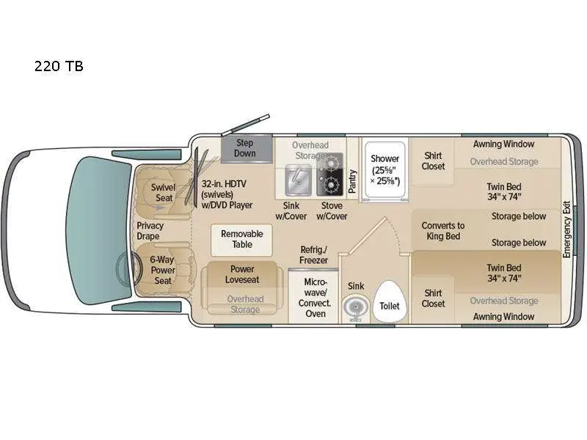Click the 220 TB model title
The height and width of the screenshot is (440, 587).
pyautogui.click(x=59, y=66)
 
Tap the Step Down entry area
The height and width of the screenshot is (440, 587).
pyautogui.click(x=247, y=149)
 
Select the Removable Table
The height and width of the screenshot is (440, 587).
pyautogui.click(x=241, y=240)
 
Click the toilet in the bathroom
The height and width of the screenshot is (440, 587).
pyautogui.click(x=390, y=301)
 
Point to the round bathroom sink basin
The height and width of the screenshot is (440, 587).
pyautogui.click(x=354, y=307)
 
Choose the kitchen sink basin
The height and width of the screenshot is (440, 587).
pyautogui.click(x=299, y=180)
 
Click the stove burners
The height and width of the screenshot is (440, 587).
pyautogui.click(x=329, y=175)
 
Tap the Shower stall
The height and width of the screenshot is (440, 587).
pyautogui.click(x=384, y=169)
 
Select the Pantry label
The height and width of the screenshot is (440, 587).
pyautogui.click(x=352, y=181)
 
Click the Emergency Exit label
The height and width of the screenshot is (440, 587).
pyautogui.click(x=566, y=230)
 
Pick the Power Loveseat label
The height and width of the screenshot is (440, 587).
pyautogui.click(x=242, y=274)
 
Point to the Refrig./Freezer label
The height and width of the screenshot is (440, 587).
pyautogui.click(x=314, y=254)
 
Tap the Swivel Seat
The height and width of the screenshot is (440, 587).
pyautogui.click(x=163, y=193)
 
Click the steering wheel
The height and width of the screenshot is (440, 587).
pyautogui.click(x=129, y=268)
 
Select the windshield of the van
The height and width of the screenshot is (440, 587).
pyautogui.click(x=99, y=230)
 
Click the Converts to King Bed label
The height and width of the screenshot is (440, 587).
pyautogui.click(x=443, y=231)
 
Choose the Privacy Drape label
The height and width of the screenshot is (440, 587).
pyautogui.click(x=150, y=231)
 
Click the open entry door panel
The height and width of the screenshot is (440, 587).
pyautogui.click(x=245, y=125)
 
